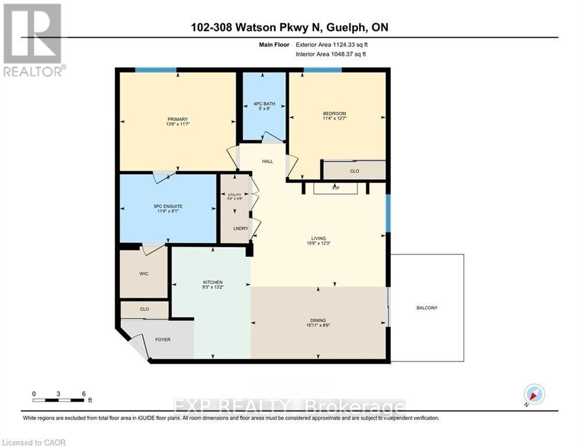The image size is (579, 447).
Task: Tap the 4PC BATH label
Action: (x=264, y=105)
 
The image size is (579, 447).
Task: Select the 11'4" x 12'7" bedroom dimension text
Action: (x=334, y=119)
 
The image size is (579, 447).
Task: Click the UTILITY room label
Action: (x=234, y=194)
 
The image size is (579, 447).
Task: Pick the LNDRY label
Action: (x=241, y=228)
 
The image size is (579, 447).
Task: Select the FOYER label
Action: (x=162, y=339)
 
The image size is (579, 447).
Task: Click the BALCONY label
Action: (x=427, y=308)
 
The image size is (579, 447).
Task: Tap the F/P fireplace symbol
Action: (x=335, y=189)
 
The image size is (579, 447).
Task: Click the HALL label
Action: (x=267, y=162)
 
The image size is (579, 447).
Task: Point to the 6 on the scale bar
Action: (x=84, y=393)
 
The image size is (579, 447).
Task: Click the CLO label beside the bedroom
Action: (x=354, y=171)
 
